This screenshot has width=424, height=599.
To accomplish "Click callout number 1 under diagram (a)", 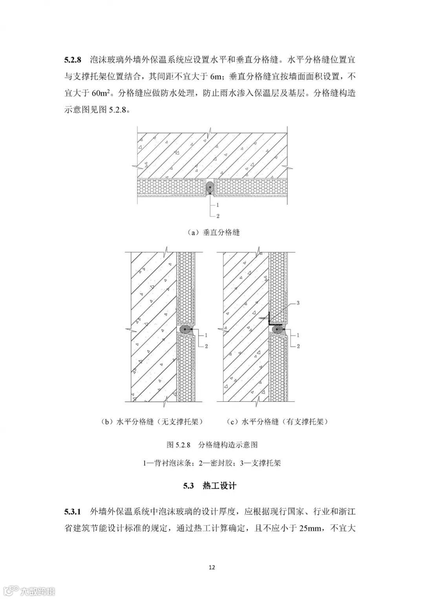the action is pyautogui.click(x=217, y=205).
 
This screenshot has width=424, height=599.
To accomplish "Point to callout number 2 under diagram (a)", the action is pyautogui.click(x=217, y=216).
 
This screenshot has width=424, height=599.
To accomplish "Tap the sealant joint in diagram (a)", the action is pyautogui.click(x=210, y=188).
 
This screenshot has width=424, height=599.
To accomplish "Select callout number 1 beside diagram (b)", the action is pyautogui.click(x=206, y=335).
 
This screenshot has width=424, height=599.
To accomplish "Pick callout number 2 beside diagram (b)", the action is pyautogui.click(x=206, y=346).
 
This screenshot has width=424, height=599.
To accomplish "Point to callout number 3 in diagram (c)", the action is pyautogui.click(x=298, y=303).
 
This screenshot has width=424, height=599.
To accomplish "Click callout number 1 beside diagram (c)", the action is pyautogui.click(x=298, y=335).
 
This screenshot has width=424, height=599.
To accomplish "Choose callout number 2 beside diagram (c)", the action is pyautogui.click(x=298, y=346).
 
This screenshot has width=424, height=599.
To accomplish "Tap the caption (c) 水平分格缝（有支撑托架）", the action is pyautogui.click(x=278, y=422).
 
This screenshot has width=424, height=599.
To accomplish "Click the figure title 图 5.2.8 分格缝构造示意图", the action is pyautogui.click(x=212, y=445).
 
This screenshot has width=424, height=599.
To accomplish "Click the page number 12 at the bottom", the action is pyautogui.click(x=212, y=567).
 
